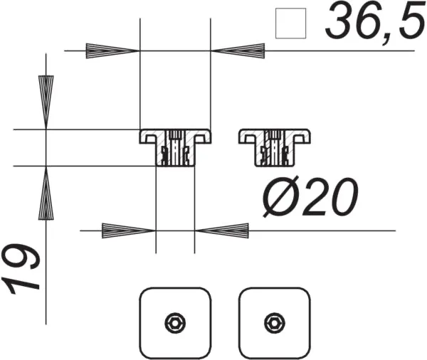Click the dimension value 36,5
click(369, 23)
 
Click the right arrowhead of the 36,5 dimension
click(238, 51)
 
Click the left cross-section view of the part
click(175, 147)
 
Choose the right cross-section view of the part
click(275, 147)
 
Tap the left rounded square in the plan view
click(175, 322)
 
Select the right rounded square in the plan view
click(275, 322)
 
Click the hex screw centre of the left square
click(175, 322)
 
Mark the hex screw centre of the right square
click(275, 322)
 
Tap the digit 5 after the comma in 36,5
click(407, 23)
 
